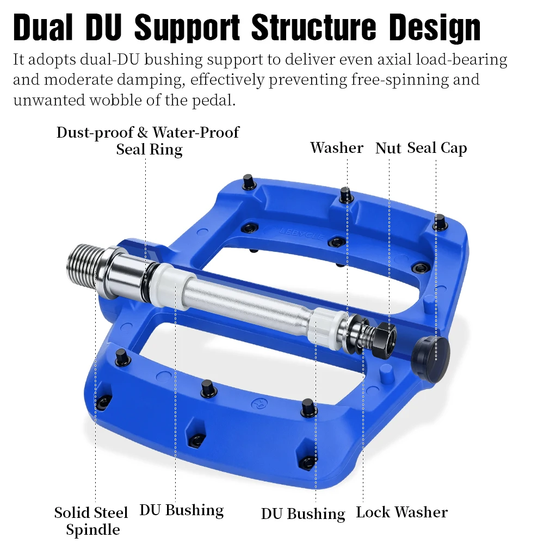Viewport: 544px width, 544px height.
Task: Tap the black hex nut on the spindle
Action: click(385, 338)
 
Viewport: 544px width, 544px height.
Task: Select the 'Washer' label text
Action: click(337, 147)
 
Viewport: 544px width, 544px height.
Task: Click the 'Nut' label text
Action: click(388, 148)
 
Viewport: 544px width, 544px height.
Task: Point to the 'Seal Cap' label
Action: click(437, 148)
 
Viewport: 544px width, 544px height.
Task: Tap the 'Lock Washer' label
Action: click(402, 512)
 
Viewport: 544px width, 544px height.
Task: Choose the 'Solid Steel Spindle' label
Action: click(91, 521)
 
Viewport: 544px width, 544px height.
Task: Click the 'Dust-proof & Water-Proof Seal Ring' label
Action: click(148, 141)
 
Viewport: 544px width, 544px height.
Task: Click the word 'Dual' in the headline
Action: click(44, 27)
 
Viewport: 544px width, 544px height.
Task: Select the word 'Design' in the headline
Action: click(434, 28)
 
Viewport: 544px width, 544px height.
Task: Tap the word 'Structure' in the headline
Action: click(314, 27)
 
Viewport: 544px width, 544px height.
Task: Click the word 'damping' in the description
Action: click(151, 81)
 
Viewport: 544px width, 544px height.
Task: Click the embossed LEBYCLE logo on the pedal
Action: click(301, 234)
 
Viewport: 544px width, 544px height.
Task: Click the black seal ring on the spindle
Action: click(149, 282)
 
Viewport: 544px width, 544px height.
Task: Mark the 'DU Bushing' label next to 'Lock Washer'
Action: click(303, 514)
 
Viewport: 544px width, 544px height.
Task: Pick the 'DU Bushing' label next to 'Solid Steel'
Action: click(182, 511)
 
